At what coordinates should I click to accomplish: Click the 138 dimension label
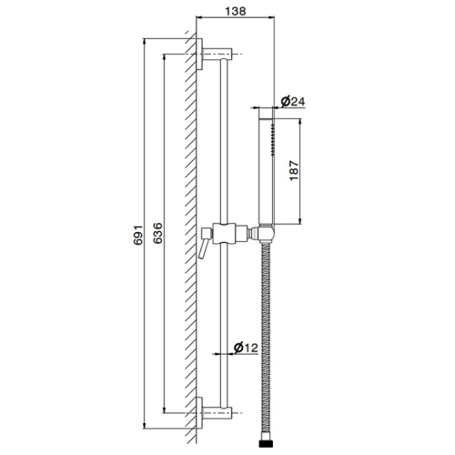236,11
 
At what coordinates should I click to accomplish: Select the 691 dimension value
138,235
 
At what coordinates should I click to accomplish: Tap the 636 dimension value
157,233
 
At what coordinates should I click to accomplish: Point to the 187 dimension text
294,171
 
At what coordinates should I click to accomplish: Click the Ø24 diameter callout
293,101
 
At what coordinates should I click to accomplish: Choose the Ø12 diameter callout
246,348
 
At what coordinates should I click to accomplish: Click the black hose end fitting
265,443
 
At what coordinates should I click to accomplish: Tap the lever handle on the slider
203,244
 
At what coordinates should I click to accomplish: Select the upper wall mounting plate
199,55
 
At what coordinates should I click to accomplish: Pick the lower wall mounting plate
199,413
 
